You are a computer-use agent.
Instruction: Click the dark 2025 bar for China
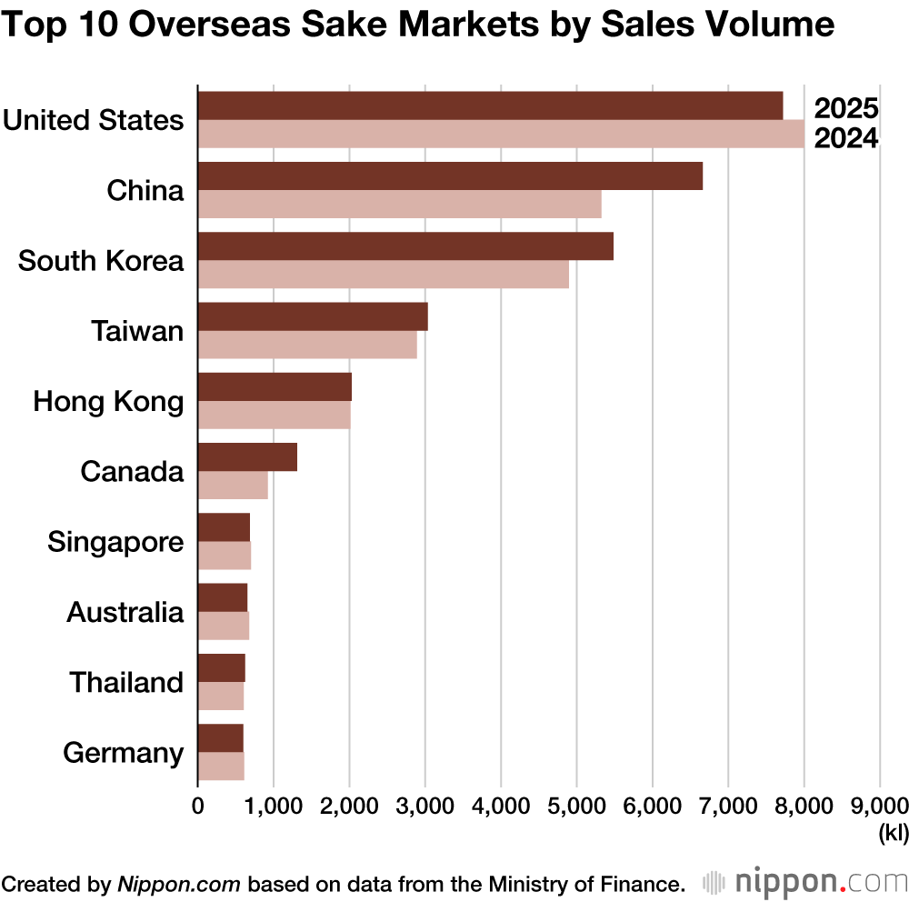click(450, 175)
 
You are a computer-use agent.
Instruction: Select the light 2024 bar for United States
click(500, 135)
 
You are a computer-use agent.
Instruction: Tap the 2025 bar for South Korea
click(405, 246)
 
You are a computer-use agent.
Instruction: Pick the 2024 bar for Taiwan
click(307, 345)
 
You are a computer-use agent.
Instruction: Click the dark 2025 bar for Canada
click(247, 456)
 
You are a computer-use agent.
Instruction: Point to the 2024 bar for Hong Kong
click(274, 415)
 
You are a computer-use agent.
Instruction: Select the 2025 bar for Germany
click(221, 737)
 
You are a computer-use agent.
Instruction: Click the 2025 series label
click(844, 109)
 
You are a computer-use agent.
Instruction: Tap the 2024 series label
click(844, 139)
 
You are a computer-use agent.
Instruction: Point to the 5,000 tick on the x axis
click(576, 805)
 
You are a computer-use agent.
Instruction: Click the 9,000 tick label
click(878, 805)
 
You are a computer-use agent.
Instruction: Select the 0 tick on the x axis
click(198, 805)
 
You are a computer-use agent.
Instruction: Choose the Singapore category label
click(115, 543)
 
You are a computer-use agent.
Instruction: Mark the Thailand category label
click(126, 682)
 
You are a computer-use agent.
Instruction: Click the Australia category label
click(125, 612)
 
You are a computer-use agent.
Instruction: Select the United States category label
click(93, 120)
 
